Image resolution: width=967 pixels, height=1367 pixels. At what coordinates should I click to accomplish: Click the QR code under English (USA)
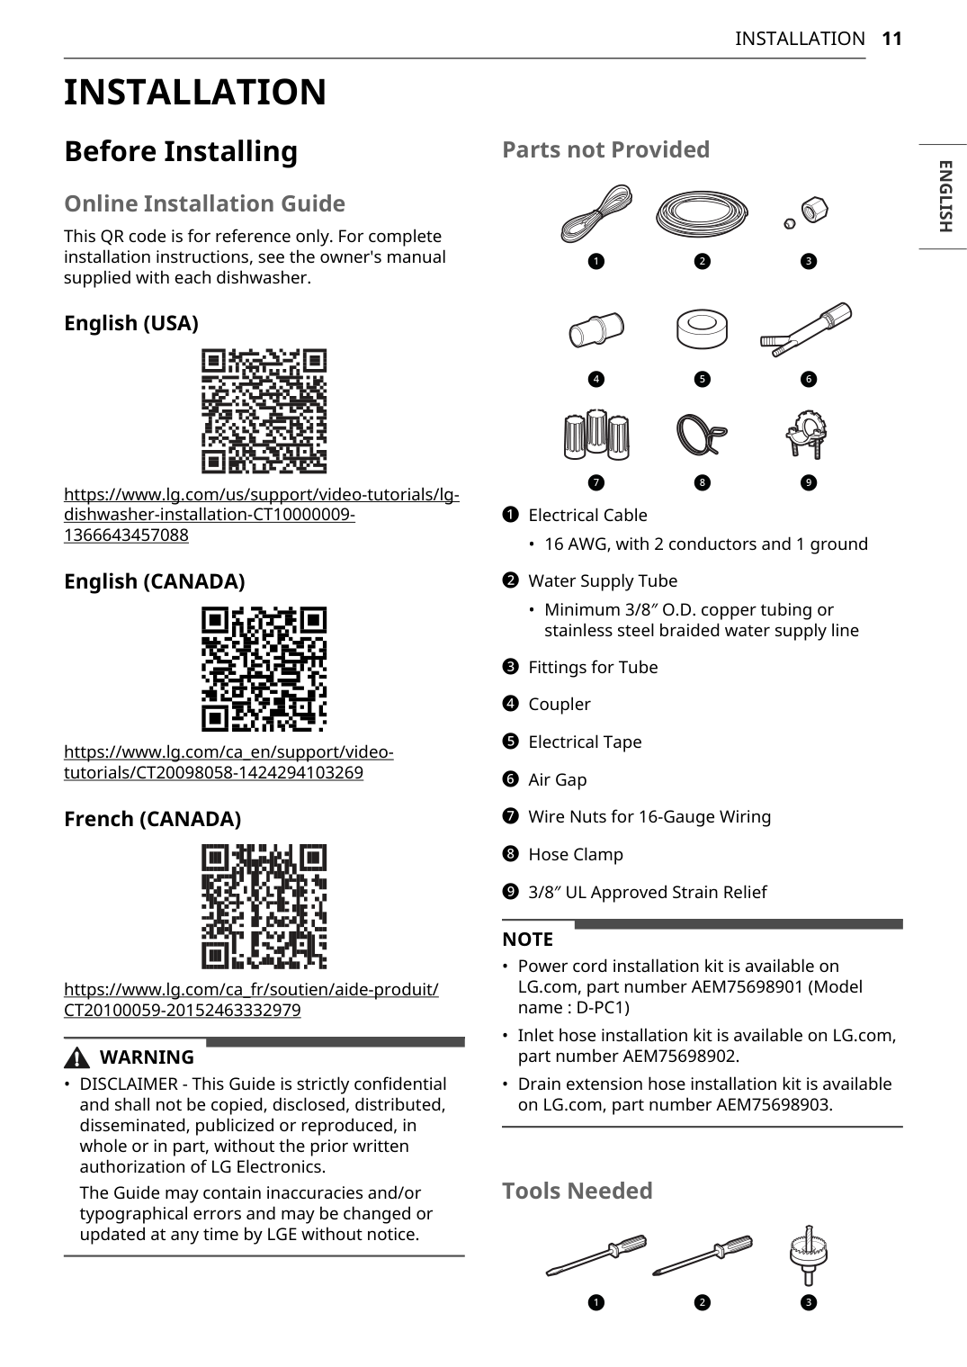264,411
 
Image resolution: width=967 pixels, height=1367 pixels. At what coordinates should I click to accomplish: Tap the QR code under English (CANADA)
264,669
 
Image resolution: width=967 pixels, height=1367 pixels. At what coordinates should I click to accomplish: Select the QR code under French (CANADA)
264,906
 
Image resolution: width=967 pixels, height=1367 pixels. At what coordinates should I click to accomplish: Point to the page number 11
891,39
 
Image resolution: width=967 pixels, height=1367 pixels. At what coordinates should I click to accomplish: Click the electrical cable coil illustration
596,213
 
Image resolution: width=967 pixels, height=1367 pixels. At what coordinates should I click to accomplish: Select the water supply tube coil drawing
702,213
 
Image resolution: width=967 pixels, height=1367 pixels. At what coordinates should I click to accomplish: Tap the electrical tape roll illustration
702,329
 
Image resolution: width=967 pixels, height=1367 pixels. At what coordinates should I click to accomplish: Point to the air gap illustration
806,328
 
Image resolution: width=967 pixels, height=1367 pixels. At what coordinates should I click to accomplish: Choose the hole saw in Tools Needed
808,1255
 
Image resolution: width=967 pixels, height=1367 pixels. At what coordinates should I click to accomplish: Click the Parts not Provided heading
605,149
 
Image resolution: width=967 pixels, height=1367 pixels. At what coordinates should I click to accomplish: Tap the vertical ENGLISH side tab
944,196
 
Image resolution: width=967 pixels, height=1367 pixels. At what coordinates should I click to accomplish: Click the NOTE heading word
527,940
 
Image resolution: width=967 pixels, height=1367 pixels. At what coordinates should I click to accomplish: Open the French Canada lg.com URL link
251,1000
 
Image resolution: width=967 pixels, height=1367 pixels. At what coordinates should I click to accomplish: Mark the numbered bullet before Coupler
511,704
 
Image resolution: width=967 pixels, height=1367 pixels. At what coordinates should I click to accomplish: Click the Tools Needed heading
577,1191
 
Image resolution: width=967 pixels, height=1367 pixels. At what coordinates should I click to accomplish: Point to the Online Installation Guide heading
204,203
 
